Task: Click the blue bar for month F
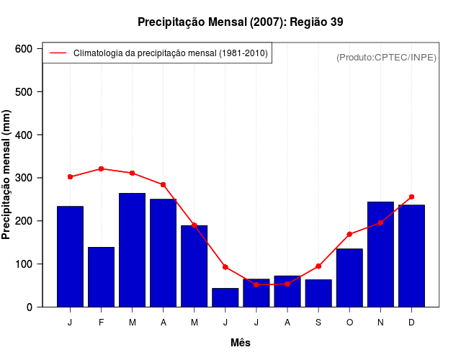pos(101,277)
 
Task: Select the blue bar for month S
pos(318,293)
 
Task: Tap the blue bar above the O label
pos(349,278)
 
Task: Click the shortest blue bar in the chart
pos(225,297)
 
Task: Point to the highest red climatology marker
pos(101,168)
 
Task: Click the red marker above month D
pos(411,197)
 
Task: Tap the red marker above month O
pos(349,234)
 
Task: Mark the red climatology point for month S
pos(318,266)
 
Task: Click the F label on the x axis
pos(101,323)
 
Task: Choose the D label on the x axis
pos(411,323)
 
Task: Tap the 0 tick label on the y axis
pos(29,307)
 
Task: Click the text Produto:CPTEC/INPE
pos(386,57)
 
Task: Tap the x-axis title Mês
pos(241,343)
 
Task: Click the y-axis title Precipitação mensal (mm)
pos(7,174)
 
